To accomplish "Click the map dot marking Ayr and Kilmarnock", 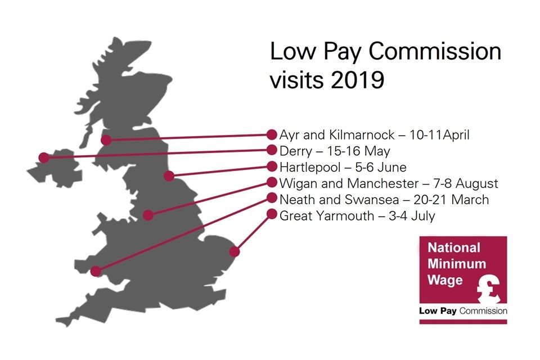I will pyautogui.click(x=105, y=140).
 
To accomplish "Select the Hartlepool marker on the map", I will pyautogui.click(x=169, y=176).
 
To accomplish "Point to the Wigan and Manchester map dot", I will pyautogui.click(x=148, y=215).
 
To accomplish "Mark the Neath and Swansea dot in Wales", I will pyautogui.click(x=96, y=271).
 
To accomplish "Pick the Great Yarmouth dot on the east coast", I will pyautogui.click(x=235, y=251).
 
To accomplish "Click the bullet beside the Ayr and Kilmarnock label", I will pyautogui.click(x=272, y=134).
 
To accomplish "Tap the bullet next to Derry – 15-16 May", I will pyautogui.click(x=272, y=150).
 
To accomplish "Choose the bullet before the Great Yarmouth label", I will pyautogui.click(x=272, y=214).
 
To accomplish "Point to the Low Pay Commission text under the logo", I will pyautogui.click(x=463, y=310).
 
